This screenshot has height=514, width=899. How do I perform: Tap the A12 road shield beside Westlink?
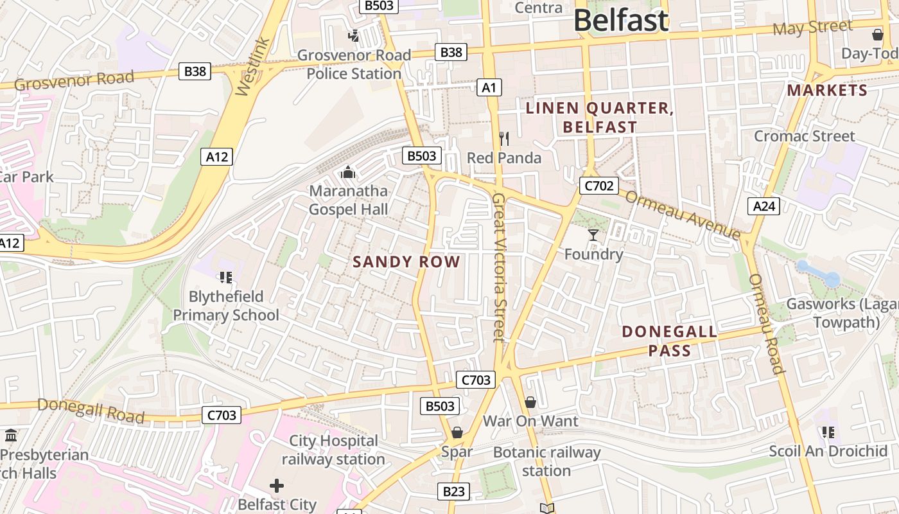[x=216, y=157]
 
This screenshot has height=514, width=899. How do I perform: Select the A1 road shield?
[x=489, y=87]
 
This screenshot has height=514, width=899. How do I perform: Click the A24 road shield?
[x=764, y=206]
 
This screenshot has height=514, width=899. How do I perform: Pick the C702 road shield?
[x=598, y=186]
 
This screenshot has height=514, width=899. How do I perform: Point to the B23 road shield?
[x=453, y=492]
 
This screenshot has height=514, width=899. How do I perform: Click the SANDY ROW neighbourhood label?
[x=406, y=261]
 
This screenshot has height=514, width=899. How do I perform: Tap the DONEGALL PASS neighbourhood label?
[x=670, y=341]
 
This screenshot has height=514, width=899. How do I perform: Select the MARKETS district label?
[x=827, y=91]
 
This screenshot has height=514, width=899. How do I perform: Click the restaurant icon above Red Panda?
[x=504, y=138]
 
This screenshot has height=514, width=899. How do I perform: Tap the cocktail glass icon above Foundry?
[x=593, y=235]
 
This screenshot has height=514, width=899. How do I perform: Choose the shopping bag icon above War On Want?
[x=530, y=402]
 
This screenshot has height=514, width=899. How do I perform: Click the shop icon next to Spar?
[x=457, y=432]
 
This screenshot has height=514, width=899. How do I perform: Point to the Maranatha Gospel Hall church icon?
[x=348, y=172]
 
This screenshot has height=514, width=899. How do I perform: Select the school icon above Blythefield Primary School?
[x=225, y=278]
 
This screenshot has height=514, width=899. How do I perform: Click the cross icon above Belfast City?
[x=277, y=486]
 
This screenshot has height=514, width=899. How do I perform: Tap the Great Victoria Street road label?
[x=499, y=267]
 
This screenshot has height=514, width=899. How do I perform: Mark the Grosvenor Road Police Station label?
[x=354, y=64]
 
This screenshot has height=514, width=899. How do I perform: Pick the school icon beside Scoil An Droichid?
[x=828, y=432]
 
